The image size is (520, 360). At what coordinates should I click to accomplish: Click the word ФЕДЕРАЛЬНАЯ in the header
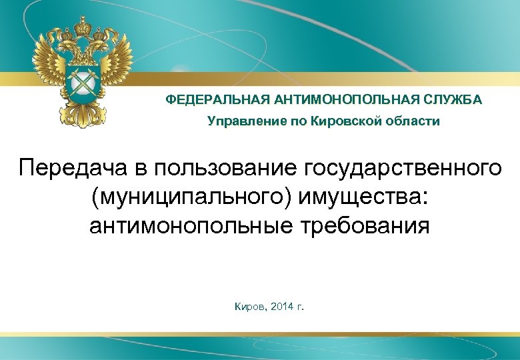[209, 99]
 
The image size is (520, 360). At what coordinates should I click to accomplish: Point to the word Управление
[239, 121]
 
